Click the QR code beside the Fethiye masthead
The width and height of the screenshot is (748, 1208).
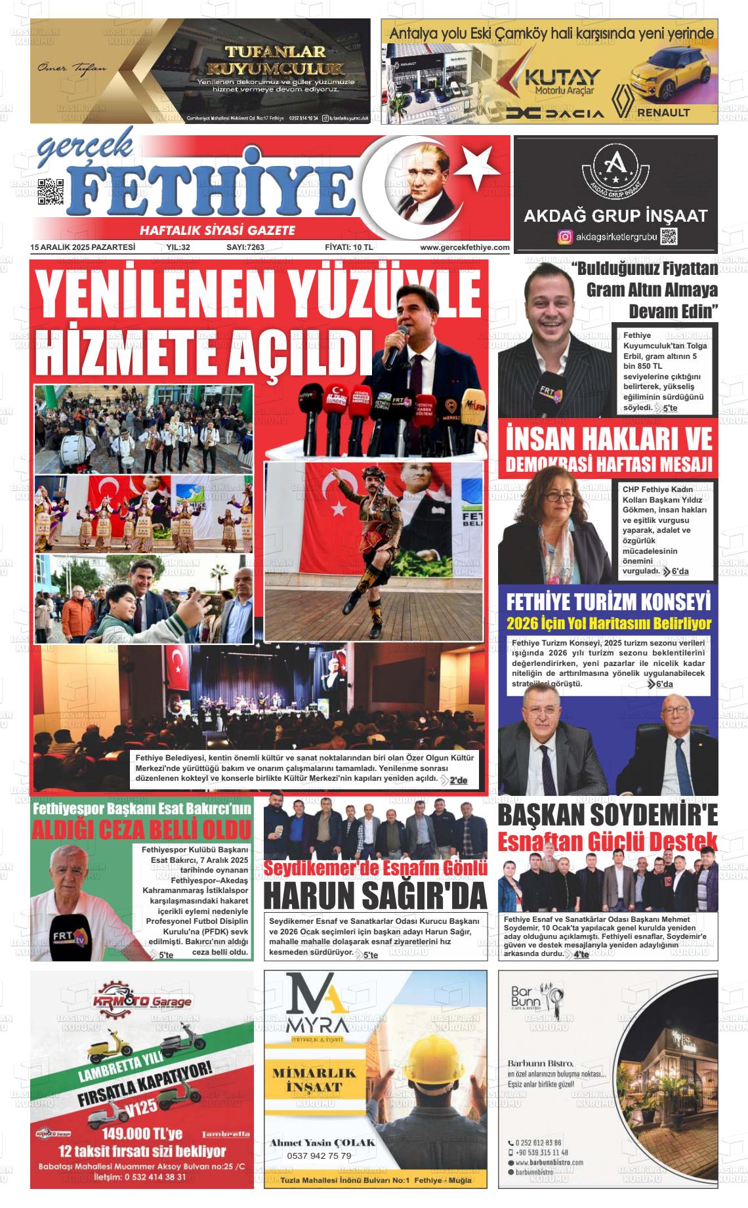pos(50,192)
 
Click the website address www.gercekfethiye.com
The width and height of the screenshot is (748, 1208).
pos(465,247)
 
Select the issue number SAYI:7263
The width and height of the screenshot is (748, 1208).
pos(245,247)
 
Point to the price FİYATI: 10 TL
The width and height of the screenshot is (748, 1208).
pos(348,247)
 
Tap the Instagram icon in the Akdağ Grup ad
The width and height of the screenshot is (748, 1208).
pos(564,237)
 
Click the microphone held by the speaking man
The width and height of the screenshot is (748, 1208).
pos(396,347)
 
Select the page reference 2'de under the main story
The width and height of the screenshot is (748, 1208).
pos(458,780)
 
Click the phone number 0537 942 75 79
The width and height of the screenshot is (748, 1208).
pos(319,1156)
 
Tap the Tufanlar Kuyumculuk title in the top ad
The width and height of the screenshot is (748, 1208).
pos(275,60)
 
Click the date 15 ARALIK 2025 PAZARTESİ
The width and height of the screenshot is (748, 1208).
pos(83,247)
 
